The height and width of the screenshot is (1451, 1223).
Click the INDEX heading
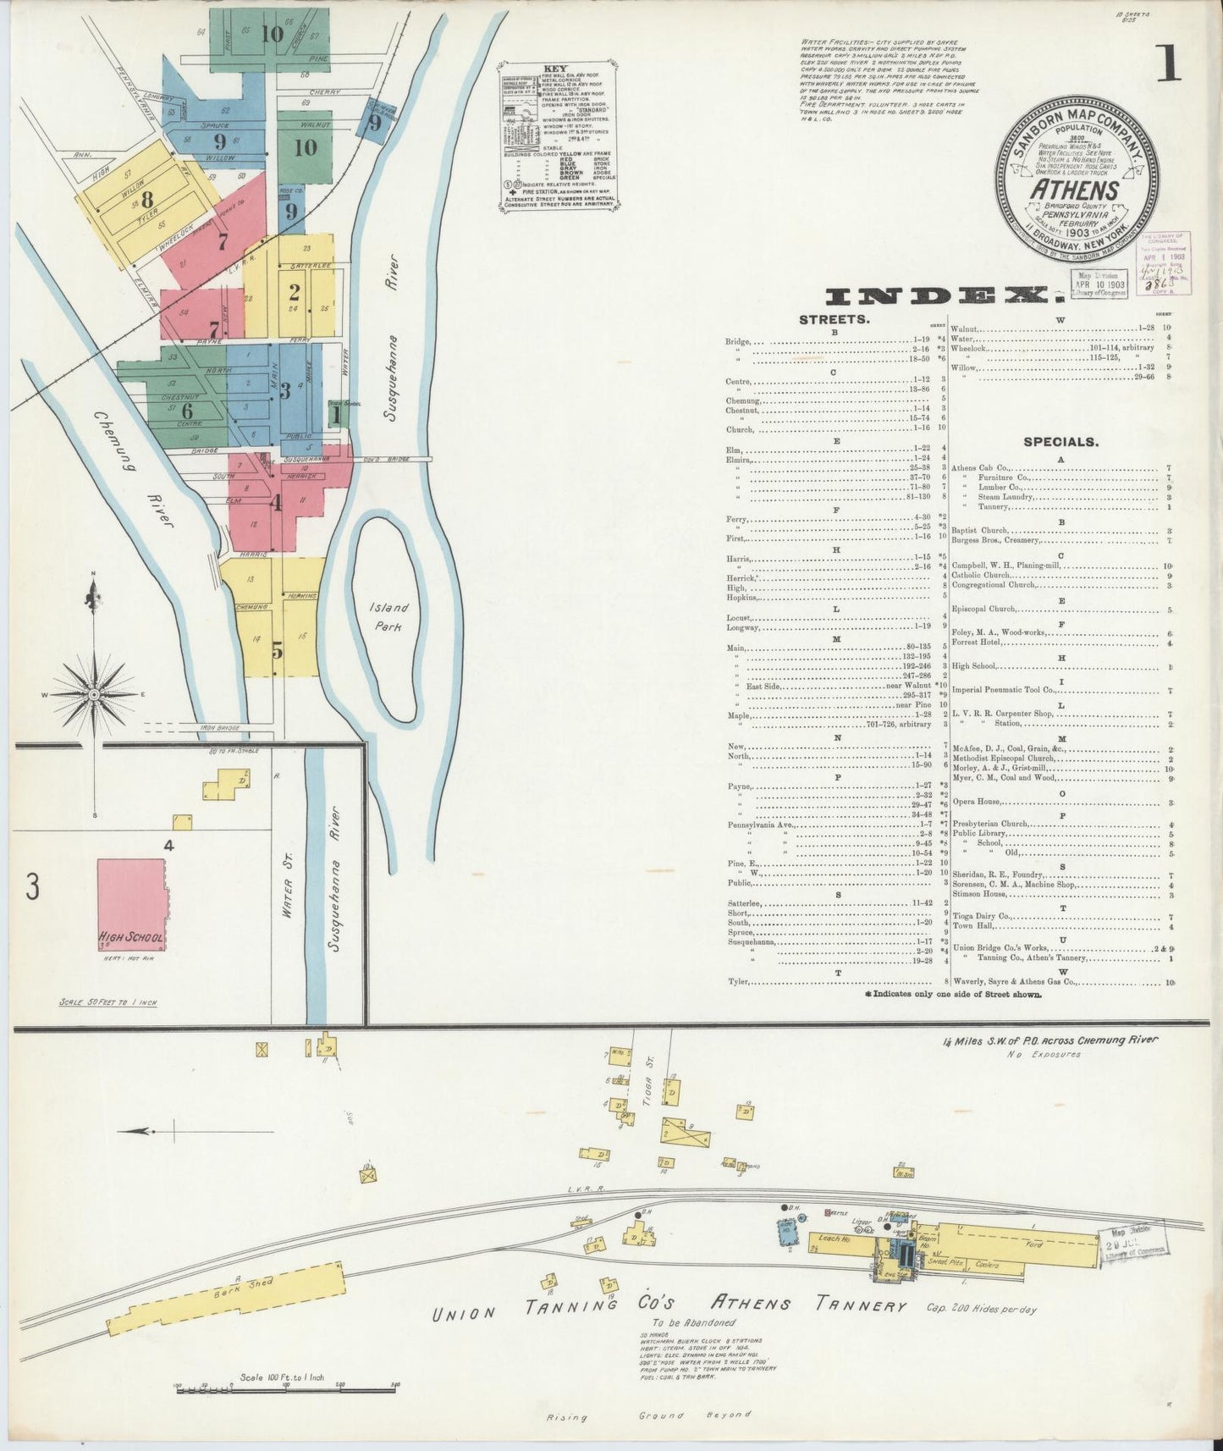pyautogui.click(x=941, y=295)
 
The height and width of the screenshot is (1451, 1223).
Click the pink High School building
pyautogui.click(x=131, y=904)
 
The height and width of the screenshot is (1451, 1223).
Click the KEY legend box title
pyautogui.click(x=556, y=69)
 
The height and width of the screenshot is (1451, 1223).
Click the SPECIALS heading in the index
pyautogui.click(x=1060, y=441)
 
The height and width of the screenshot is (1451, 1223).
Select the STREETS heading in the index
pyautogui.click(x=833, y=320)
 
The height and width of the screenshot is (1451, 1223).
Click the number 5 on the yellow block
pyautogui.click(x=277, y=651)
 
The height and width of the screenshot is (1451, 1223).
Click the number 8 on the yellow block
pyautogui.click(x=147, y=201)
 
